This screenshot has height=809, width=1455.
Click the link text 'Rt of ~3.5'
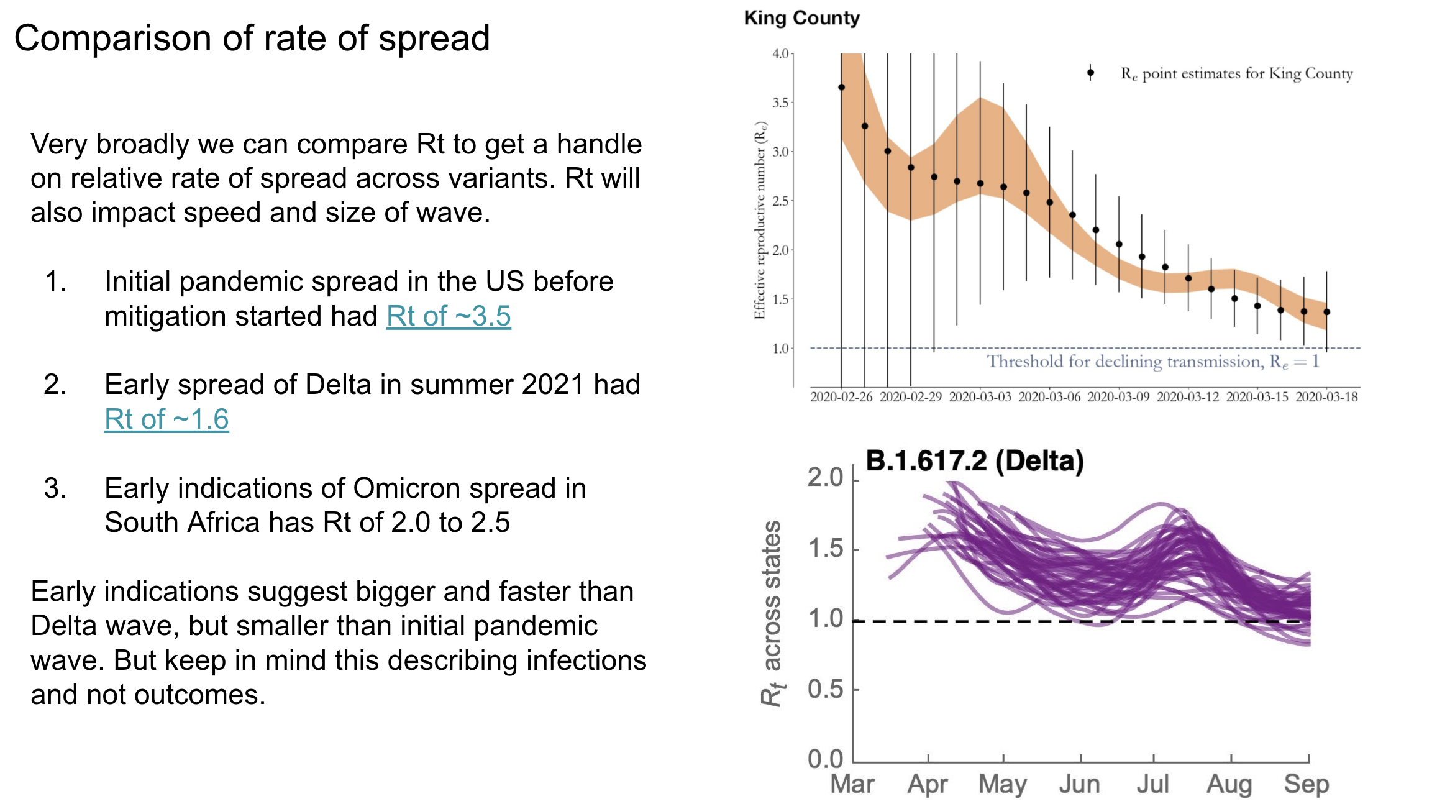(x=449, y=316)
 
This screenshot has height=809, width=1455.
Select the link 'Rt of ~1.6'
(x=166, y=419)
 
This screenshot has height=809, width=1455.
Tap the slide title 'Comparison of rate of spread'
(x=252, y=38)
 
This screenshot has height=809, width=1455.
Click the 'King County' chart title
(x=801, y=18)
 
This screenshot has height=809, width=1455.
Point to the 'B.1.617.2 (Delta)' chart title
(x=974, y=461)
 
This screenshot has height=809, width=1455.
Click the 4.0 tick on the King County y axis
(x=780, y=54)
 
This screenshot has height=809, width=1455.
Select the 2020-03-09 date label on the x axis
(x=1118, y=397)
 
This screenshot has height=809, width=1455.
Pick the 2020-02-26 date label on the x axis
(x=841, y=397)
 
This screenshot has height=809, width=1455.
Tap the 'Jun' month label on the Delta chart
(x=1079, y=784)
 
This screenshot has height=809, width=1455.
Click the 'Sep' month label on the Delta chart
(x=1307, y=784)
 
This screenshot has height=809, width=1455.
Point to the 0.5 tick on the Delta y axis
(x=825, y=689)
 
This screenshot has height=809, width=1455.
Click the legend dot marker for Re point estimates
(x=1090, y=73)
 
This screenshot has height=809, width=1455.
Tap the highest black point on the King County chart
(x=841, y=88)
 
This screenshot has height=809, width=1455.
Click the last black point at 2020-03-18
(x=1326, y=312)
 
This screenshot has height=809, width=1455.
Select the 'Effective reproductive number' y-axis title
(x=759, y=221)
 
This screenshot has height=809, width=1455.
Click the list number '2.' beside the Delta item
(x=55, y=385)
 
